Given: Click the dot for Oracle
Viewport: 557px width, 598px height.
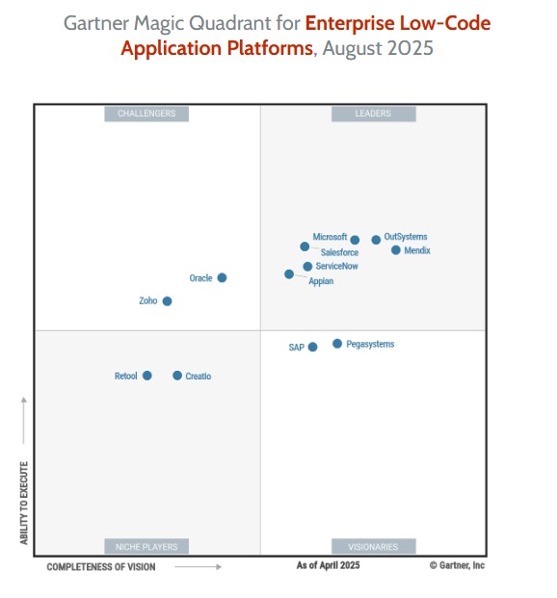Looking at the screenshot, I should [222, 277].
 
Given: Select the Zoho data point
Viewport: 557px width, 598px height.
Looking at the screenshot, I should [167, 301].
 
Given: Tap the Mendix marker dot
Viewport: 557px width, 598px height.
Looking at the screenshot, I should [395, 250].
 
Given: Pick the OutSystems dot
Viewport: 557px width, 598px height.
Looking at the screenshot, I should [376, 240].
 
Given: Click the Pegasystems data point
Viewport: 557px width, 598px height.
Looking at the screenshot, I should [337, 344].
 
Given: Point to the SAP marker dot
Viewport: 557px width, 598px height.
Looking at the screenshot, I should [312, 348].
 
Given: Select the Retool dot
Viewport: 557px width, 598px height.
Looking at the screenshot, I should [147, 376].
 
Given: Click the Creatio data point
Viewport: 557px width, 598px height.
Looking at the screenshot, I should [177, 376].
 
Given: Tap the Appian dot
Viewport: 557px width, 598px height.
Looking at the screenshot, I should [289, 274].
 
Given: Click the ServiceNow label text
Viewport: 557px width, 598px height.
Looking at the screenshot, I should [336, 266].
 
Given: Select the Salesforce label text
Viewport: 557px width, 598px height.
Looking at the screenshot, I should [339, 252].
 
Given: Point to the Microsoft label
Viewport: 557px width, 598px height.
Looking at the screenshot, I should [330, 237].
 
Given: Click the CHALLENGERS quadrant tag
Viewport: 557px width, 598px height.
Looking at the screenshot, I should [146, 114].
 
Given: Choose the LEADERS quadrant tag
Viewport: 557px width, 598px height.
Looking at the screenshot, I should [373, 114].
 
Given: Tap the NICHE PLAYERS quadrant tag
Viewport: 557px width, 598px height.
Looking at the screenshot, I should [146, 547].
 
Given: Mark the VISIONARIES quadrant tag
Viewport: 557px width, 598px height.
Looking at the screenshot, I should [373, 547].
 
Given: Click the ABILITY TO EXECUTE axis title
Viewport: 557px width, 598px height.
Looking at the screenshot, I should [24, 503].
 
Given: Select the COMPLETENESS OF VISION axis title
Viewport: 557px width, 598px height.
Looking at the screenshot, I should [101, 567].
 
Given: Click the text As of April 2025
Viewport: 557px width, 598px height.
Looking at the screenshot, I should [328, 566].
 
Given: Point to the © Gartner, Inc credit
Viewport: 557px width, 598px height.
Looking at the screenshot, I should [457, 566].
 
